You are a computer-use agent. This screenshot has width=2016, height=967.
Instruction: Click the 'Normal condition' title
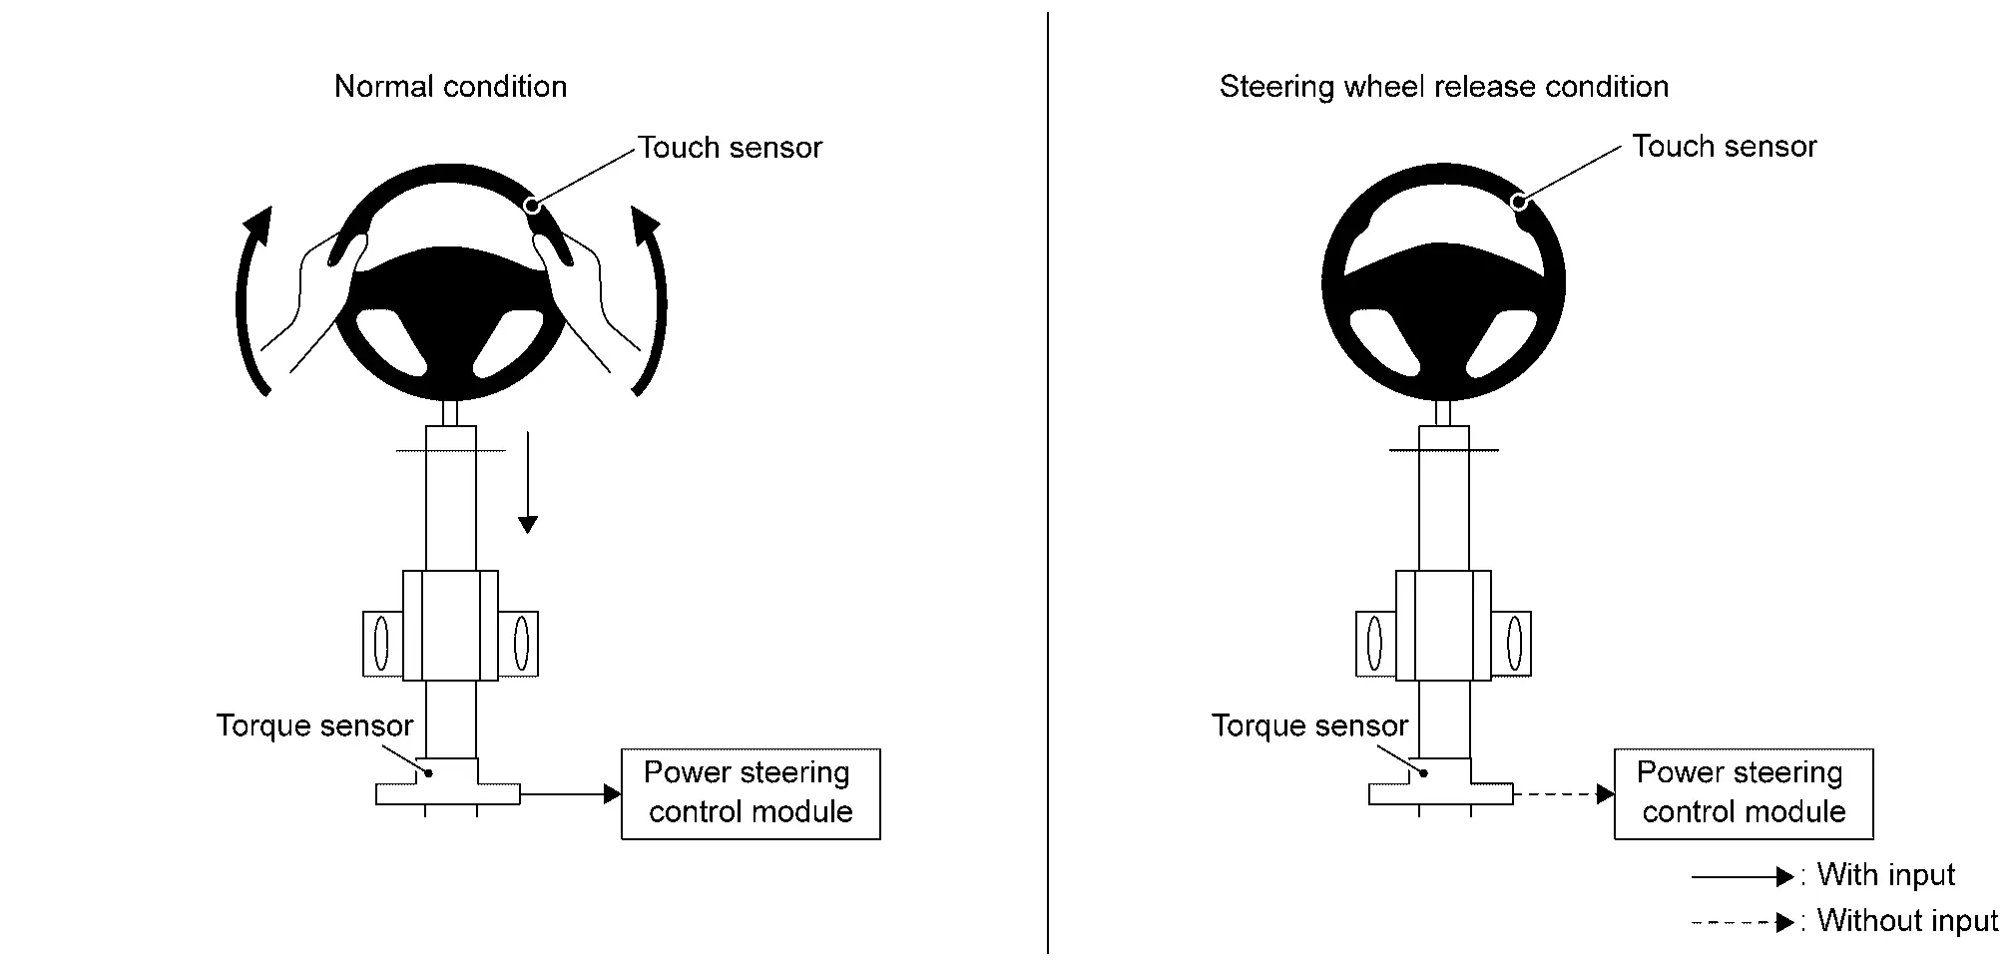pos(450,87)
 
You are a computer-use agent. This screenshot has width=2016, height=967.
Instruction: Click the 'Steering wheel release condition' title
pos(1443,87)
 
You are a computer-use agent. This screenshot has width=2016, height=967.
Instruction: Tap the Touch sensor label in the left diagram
pos(730,148)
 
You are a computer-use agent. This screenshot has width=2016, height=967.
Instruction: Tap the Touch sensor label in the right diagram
pos(1724,147)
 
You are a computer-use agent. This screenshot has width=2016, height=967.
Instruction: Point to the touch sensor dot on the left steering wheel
pos(532,206)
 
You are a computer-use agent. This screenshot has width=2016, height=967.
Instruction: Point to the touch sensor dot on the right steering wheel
pos(1518,202)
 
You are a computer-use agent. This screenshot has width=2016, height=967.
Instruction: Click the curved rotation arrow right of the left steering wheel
pos(654,299)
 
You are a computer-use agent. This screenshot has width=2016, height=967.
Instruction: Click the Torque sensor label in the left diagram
pos(314,725)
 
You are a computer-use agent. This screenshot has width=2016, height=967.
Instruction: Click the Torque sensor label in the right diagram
pos(1309,725)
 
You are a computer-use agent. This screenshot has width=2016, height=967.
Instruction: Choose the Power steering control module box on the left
pos(751,793)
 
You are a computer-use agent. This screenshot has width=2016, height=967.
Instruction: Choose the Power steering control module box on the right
pos(1744,793)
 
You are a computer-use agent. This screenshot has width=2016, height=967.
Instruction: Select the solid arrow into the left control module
pos(570,794)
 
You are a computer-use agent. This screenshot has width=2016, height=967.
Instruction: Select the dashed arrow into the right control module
pos(1563,794)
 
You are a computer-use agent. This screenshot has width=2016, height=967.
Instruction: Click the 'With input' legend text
pos(1885,875)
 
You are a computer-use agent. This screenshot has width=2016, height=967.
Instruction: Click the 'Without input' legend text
pos(1907,920)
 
